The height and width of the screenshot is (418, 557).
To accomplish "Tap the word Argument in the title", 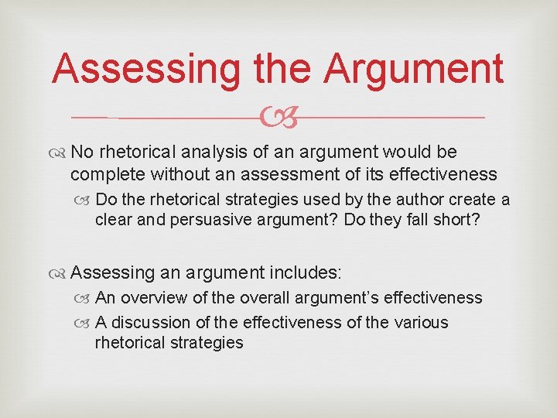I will [x=414, y=69].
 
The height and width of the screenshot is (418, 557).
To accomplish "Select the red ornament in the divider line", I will [x=279, y=118].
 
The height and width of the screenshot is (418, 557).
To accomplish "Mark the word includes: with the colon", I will [x=311, y=272].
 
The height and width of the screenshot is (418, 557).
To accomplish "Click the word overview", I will [x=154, y=298].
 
